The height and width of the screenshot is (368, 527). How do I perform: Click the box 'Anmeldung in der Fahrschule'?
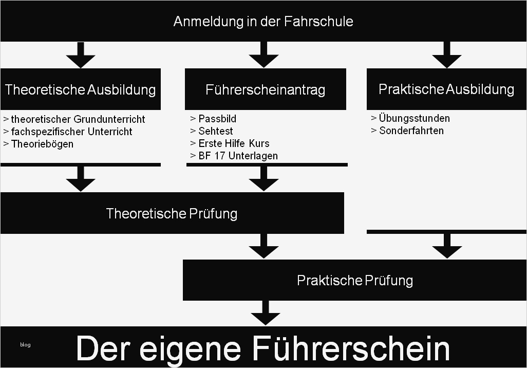coord(263,21)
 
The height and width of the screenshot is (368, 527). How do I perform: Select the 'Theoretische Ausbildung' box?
coord(80,89)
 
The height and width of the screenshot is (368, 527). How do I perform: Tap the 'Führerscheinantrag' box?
coord(265,89)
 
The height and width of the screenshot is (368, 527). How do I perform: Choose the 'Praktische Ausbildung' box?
coord(446,89)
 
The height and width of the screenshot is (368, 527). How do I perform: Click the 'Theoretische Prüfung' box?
coord(172,213)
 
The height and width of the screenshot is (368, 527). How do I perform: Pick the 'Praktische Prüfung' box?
coord(354,280)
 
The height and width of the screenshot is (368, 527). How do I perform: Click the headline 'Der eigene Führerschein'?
coord(263,348)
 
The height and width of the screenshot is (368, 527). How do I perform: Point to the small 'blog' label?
coord(25,344)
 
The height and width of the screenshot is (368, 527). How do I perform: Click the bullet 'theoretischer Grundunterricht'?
coord(78,119)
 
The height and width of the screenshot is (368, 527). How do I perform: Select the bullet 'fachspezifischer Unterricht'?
coord(71,132)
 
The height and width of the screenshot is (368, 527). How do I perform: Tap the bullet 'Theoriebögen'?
coord(42,144)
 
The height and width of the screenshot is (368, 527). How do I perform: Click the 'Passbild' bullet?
coord(217,119)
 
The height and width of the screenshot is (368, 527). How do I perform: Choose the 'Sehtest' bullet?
coord(216,131)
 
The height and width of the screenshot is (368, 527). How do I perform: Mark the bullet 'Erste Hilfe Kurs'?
coord(234,143)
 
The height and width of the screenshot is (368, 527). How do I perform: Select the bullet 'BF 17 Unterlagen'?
coord(238,156)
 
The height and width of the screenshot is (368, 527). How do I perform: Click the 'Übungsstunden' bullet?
coord(414,118)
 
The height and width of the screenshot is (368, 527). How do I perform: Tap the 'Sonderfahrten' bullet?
coord(411,131)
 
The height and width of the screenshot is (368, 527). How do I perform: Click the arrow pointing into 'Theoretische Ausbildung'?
coord(81,55)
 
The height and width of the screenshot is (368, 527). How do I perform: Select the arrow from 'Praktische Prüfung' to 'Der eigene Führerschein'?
coord(266,313)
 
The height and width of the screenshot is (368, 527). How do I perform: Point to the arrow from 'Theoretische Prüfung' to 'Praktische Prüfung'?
coord(263,246)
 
